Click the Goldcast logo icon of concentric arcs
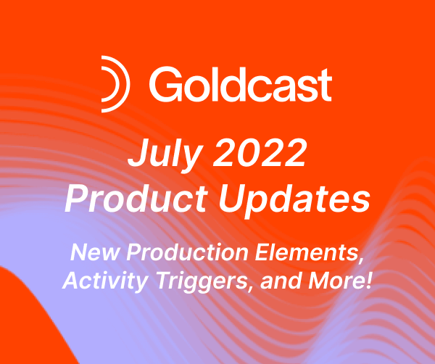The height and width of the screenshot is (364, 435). pyautogui.click(x=115, y=83)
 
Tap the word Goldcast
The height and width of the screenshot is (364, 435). pyautogui.click(x=241, y=84)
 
